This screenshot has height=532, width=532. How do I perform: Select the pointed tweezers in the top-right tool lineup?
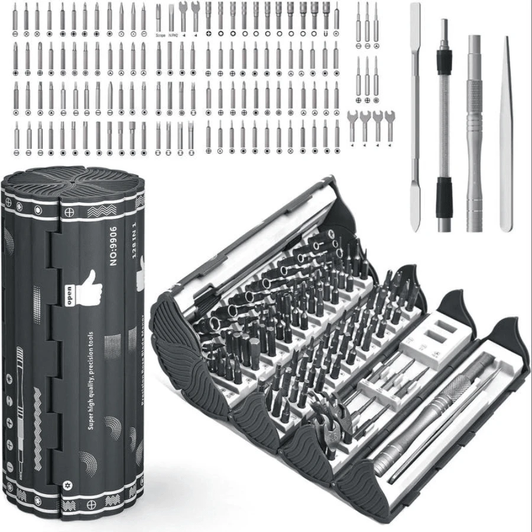click(505, 133)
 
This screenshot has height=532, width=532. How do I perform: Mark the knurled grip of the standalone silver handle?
click(474, 95)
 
